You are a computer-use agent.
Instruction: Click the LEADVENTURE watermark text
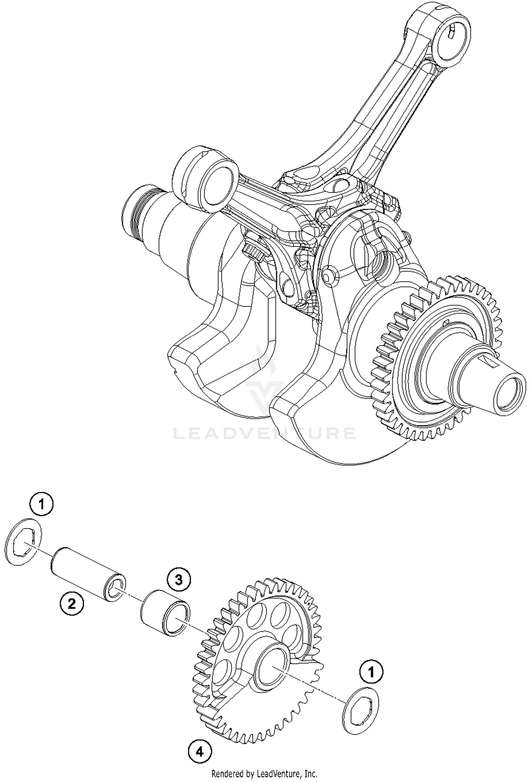(x=264, y=433)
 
